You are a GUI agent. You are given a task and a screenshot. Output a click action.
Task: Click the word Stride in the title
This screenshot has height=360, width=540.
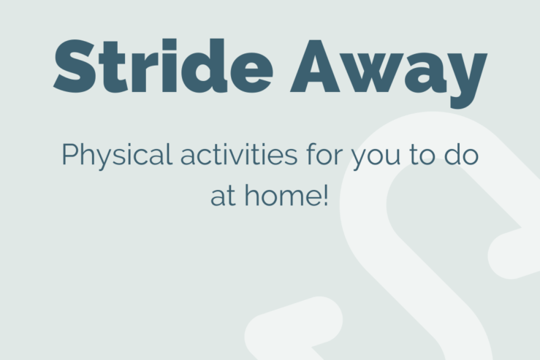point(163,66)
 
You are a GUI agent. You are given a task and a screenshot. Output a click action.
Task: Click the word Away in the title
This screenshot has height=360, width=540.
point(389,74)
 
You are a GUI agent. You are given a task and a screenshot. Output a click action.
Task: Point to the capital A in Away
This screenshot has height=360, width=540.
point(315,66)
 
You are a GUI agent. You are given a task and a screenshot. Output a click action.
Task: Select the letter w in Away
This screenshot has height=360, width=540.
point(373,72)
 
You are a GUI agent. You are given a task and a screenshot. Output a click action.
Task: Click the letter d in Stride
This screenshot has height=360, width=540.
point(205,66)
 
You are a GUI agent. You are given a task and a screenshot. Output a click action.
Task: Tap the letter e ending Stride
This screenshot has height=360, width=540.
point(252,72)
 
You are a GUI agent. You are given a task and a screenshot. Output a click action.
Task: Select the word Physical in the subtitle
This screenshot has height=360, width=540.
point(117,156)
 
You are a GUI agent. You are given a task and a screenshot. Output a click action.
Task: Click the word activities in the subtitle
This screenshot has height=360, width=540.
point(239,155)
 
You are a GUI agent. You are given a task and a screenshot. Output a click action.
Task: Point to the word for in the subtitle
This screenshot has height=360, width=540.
point(324,154)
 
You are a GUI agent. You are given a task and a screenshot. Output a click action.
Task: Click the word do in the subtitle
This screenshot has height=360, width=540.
point(461,154)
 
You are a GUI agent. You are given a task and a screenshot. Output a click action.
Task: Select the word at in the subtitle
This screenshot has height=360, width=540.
point(223,196)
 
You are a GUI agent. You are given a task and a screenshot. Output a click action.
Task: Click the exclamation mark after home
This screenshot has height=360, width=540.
point(325,195)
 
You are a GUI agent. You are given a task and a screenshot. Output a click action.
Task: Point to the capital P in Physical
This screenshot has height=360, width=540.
point(71,154)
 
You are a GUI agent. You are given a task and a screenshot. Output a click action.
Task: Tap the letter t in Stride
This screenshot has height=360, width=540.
point(113,67)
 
